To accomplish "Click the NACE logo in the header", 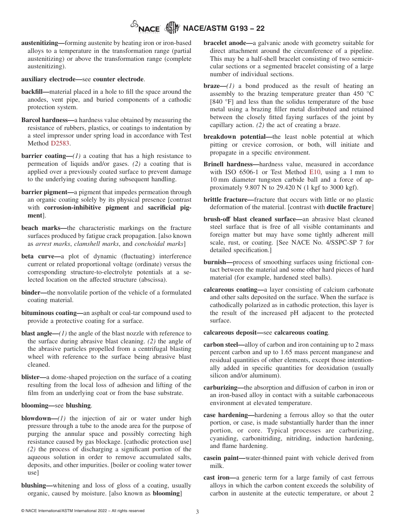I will pos(145,28).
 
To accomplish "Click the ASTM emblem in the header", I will pos(172,28).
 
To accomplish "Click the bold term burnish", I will pos(215,262).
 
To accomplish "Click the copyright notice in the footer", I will pos(83,510).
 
